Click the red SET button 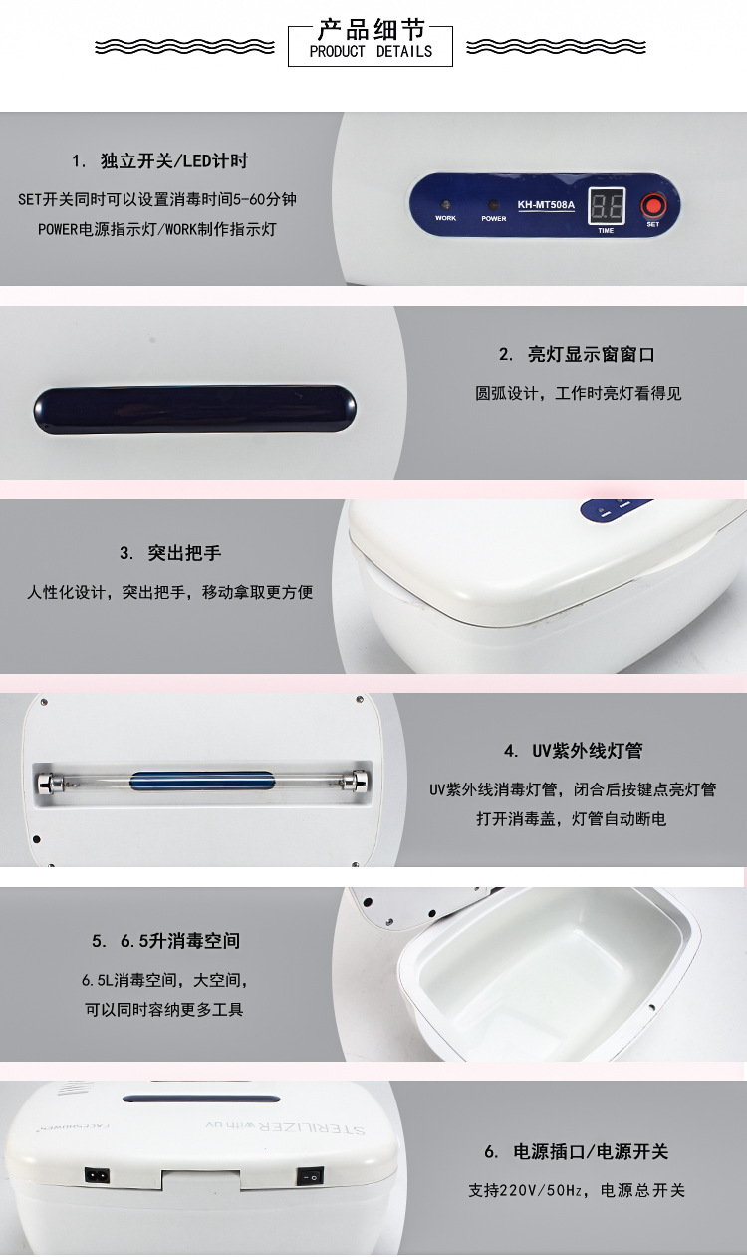tap(652, 205)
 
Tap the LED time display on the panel tap(607, 206)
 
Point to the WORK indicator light tap(446, 204)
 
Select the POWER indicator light tap(493, 204)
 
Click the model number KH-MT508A tap(546, 205)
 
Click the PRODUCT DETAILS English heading tap(371, 52)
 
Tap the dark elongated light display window tap(194, 409)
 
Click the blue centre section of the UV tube tap(202, 781)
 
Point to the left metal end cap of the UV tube tap(46, 782)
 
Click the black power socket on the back tap(97, 1174)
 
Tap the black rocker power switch tap(310, 1175)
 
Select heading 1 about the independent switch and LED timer tap(159, 161)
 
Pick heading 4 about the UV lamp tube tap(573, 751)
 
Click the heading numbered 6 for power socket tap(577, 1151)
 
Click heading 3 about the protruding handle tap(170, 553)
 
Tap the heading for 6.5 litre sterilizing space tap(166, 940)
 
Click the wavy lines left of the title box tap(184, 47)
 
